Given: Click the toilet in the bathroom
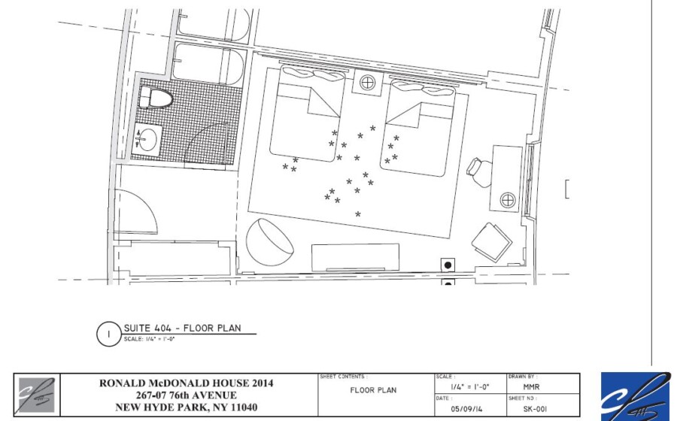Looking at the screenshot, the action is pyautogui.click(x=156, y=98).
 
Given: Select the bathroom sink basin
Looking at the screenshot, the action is pyautogui.click(x=147, y=139).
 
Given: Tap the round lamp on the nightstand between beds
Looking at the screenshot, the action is pyautogui.click(x=367, y=82).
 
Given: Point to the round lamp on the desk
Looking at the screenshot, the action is pyautogui.click(x=508, y=200).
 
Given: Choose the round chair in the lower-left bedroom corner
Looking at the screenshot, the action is pyautogui.click(x=270, y=242).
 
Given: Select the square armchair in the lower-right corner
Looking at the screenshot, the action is pyautogui.click(x=492, y=242).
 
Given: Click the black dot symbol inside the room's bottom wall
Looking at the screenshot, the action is pyautogui.click(x=448, y=265).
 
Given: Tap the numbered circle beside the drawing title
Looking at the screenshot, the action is pyautogui.click(x=108, y=335).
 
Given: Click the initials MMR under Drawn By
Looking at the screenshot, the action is pyautogui.click(x=531, y=387).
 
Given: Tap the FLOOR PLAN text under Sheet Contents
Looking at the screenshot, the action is pyautogui.click(x=373, y=390).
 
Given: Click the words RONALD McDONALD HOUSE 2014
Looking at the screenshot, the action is pyautogui.click(x=186, y=383).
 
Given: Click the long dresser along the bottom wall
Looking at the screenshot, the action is pyautogui.click(x=355, y=258).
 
